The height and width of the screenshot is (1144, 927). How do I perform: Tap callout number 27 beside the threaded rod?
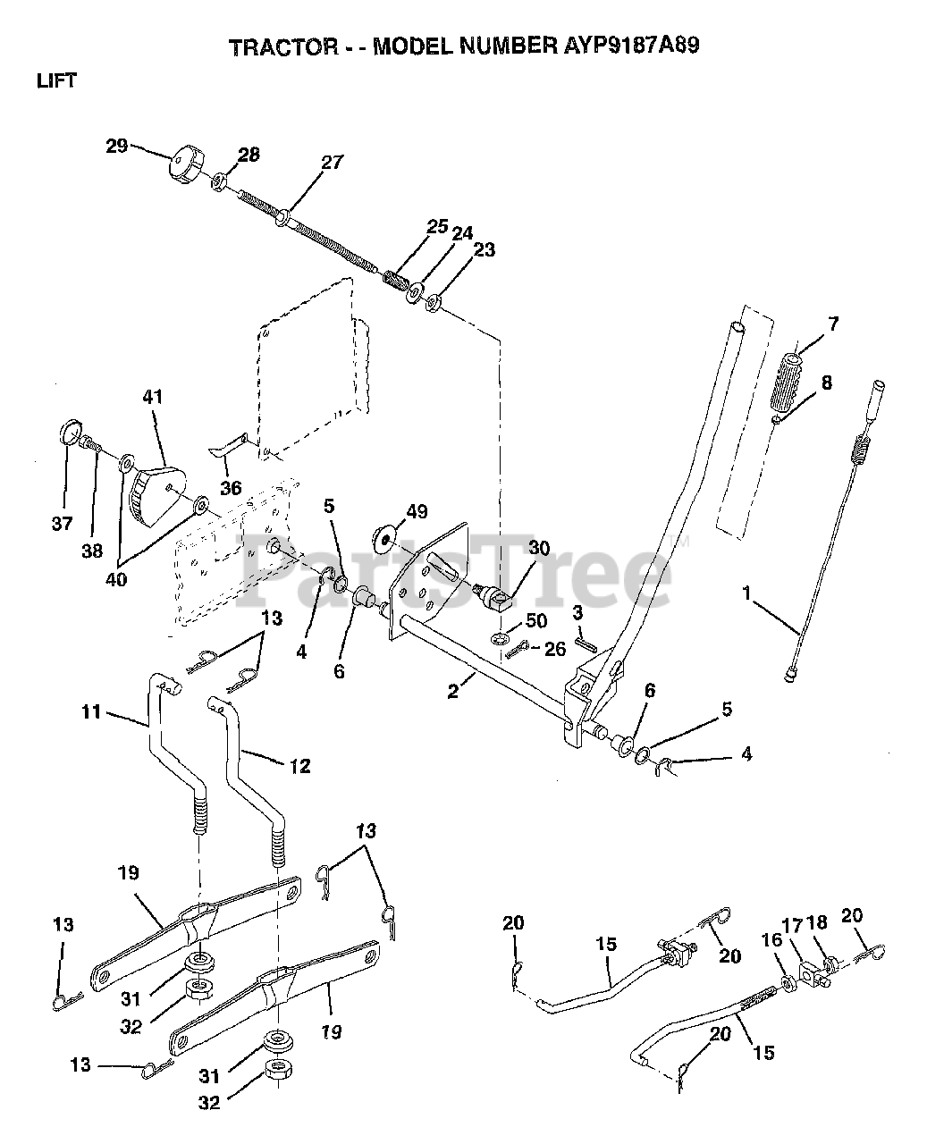click(x=332, y=162)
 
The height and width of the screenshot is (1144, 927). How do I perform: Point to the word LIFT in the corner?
click(x=56, y=80)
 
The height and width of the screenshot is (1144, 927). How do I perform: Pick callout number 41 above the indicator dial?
click(x=153, y=396)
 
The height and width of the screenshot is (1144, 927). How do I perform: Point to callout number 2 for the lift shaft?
click(x=453, y=691)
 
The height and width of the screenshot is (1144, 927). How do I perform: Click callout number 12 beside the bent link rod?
click(x=300, y=765)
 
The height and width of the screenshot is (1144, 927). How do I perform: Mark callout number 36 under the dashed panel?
click(x=231, y=489)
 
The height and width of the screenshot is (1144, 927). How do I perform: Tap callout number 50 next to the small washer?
click(x=535, y=620)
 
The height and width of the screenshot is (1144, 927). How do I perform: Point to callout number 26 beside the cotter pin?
click(x=555, y=649)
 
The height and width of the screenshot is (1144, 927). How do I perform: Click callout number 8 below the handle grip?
click(x=826, y=383)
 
